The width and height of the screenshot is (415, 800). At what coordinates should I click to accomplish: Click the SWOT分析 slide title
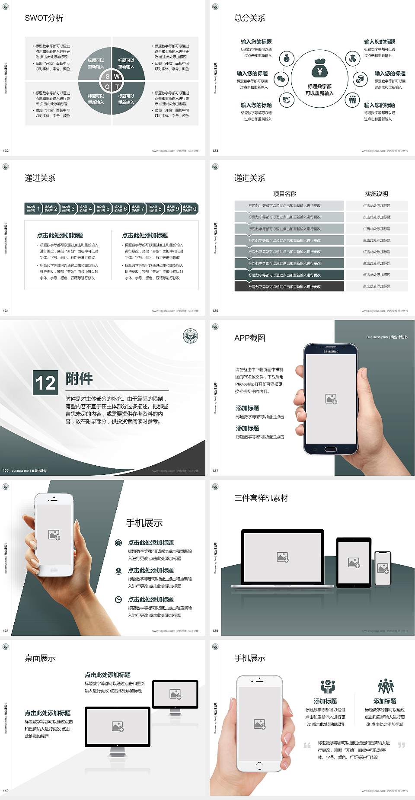pos(44,18)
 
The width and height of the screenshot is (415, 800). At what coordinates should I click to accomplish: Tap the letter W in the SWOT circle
pos(117,77)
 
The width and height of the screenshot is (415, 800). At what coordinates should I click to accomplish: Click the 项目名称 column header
pos(284,194)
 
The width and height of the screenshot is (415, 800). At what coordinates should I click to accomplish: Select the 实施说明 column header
pos(377,194)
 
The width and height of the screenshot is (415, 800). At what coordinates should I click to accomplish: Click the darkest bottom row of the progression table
pos(289,286)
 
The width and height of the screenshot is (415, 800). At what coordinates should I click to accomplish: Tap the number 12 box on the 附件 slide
pos(45,383)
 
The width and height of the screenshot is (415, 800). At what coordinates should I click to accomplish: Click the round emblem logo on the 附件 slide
pos(190,336)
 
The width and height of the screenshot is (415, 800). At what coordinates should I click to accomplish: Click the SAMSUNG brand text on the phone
pos(331,352)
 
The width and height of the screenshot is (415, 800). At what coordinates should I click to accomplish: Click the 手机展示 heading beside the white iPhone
pos(144,523)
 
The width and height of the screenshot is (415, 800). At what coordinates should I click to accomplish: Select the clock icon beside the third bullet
pos(118,599)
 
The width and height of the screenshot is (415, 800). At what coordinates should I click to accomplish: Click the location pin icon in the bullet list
pos(118,571)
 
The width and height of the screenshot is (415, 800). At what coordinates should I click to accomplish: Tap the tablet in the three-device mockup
pos(354,562)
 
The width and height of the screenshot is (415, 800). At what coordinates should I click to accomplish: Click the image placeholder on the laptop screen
pos(283,557)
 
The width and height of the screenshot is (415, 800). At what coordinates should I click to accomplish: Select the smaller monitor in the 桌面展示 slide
pos(175,694)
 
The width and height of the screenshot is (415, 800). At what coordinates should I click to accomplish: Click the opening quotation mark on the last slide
pos(307,745)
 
